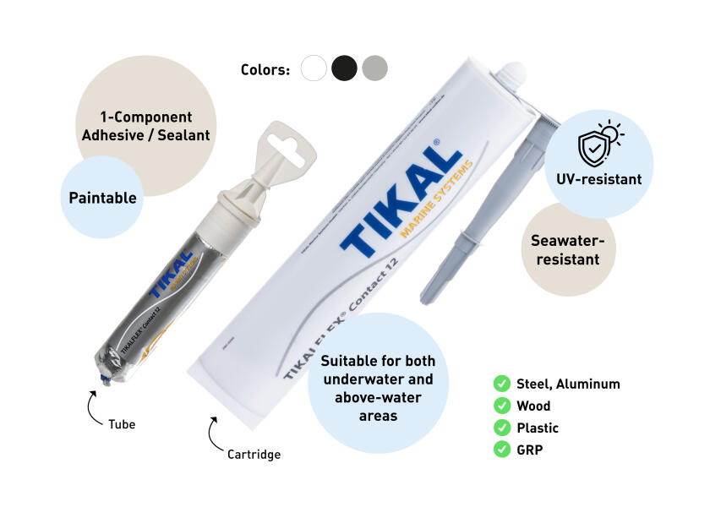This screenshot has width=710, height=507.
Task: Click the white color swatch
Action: coord(314,68)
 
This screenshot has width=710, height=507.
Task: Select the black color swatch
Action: coord(344,68)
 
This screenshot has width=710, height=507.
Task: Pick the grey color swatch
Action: coord(374,68)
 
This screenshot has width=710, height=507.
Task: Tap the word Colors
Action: coord(265,69)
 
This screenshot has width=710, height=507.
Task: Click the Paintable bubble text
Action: coord(102,198)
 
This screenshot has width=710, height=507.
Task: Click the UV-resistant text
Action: coord(598,179)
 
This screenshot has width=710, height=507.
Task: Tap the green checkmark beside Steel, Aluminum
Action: coord(501,384)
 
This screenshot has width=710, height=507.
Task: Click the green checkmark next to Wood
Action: coord(501,406)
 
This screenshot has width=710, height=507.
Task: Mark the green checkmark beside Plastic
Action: coord(501,428)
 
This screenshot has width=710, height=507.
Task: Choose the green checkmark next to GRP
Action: coord(501,450)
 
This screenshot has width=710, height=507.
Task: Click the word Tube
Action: coord(121,424)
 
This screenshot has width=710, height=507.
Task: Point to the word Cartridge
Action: coord(254,455)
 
